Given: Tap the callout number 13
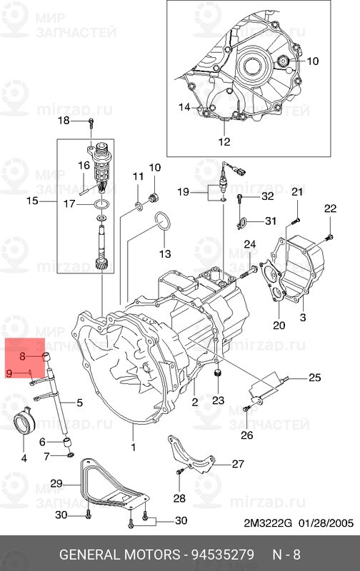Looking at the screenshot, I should [x=165, y=253].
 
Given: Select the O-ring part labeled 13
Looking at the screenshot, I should [x=163, y=222].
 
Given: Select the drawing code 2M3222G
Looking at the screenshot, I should [x=269, y=523].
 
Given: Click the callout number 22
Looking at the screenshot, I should [x=329, y=208].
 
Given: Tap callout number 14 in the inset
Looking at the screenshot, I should [x=185, y=107].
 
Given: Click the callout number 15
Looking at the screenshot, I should [x=32, y=201].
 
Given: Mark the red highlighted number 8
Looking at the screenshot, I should [x=23, y=355].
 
